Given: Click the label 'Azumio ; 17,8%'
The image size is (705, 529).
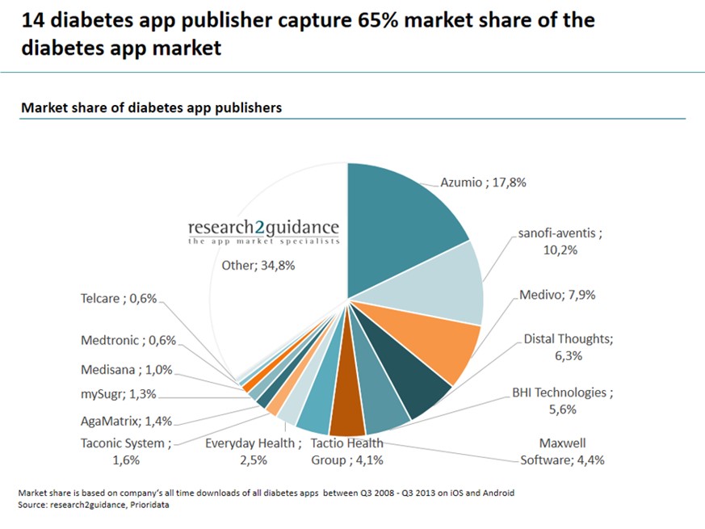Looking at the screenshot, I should click(x=483, y=183).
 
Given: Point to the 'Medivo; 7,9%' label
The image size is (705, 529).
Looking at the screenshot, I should click(x=557, y=295).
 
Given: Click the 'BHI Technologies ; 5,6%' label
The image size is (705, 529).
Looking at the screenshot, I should click(x=563, y=401).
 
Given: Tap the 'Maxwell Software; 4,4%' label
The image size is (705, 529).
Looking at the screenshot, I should click(x=562, y=451).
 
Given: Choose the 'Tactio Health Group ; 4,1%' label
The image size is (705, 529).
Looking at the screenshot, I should click(x=347, y=451).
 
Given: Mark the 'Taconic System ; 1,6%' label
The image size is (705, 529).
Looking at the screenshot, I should click(x=126, y=451).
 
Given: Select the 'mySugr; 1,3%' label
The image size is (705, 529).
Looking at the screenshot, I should click(x=119, y=395).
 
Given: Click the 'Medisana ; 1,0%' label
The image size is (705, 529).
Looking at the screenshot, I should click(x=126, y=370).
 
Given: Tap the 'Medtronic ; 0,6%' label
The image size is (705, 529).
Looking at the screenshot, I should click(x=128, y=340).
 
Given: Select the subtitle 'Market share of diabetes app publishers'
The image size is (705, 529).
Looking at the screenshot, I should click(x=151, y=107).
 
